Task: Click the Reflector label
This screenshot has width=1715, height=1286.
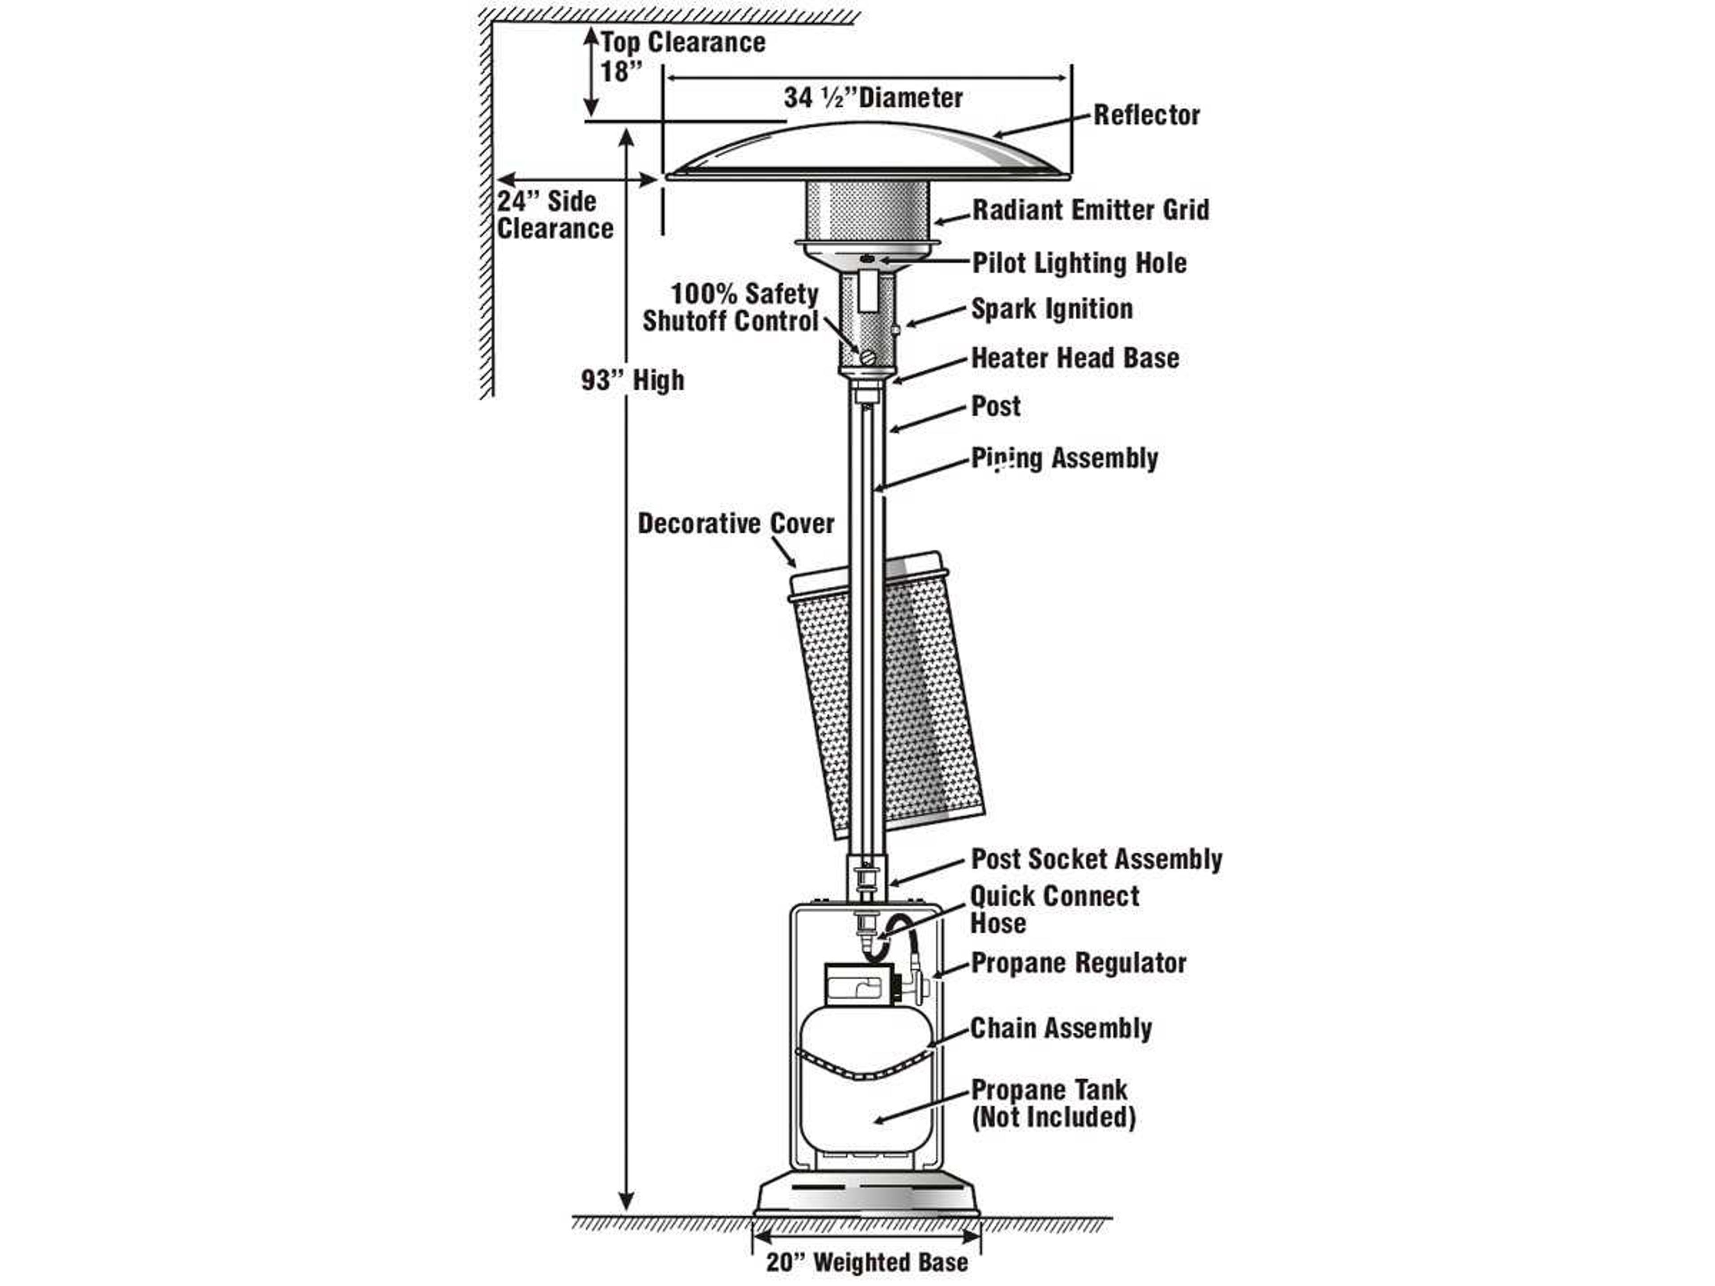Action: point(1146,116)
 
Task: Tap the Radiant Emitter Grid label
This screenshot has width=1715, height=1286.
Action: point(1090,210)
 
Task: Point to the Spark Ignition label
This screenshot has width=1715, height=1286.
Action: point(1051,309)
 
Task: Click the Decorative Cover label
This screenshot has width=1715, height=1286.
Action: point(735,524)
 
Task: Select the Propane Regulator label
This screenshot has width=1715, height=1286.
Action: point(1078,964)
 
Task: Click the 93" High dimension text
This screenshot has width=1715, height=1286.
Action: point(633,380)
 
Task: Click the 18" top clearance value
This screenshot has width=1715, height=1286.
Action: point(621,71)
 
